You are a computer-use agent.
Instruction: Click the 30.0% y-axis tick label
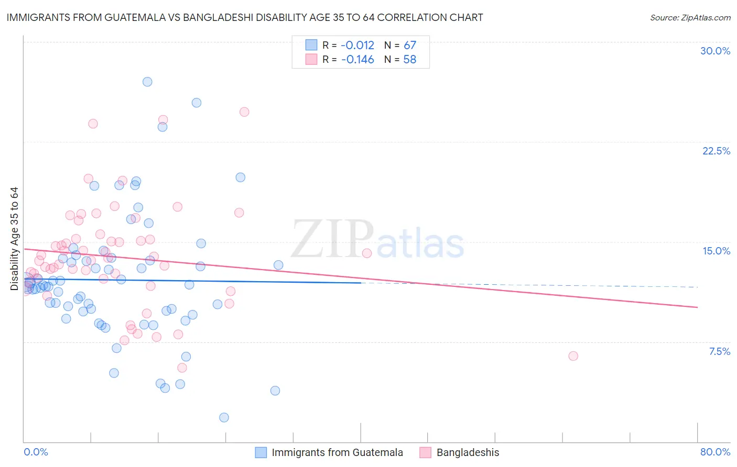(715, 51)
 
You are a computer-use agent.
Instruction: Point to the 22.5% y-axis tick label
(716, 151)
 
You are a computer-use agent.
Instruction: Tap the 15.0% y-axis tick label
(716, 251)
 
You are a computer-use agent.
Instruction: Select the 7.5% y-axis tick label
(719, 351)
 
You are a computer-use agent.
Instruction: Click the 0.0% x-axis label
(36, 452)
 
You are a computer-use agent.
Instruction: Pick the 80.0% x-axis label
(715, 452)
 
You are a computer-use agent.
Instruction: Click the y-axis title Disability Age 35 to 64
(14, 239)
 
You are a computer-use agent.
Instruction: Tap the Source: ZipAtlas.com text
(690, 17)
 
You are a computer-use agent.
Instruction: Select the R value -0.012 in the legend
(357, 45)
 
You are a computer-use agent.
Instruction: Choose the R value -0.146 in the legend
(357, 60)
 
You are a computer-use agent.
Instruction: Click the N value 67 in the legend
(409, 45)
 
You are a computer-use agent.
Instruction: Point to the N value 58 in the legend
(409, 60)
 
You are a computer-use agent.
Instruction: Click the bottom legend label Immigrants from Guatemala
(337, 452)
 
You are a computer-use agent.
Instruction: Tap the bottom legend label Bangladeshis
(468, 452)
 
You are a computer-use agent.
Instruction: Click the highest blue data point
(147, 82)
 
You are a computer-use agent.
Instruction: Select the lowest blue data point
(224, 417)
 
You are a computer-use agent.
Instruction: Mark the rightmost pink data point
(573, 356)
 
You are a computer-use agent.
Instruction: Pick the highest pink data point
(244, 112)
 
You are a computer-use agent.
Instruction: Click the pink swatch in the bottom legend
(425, 452)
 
